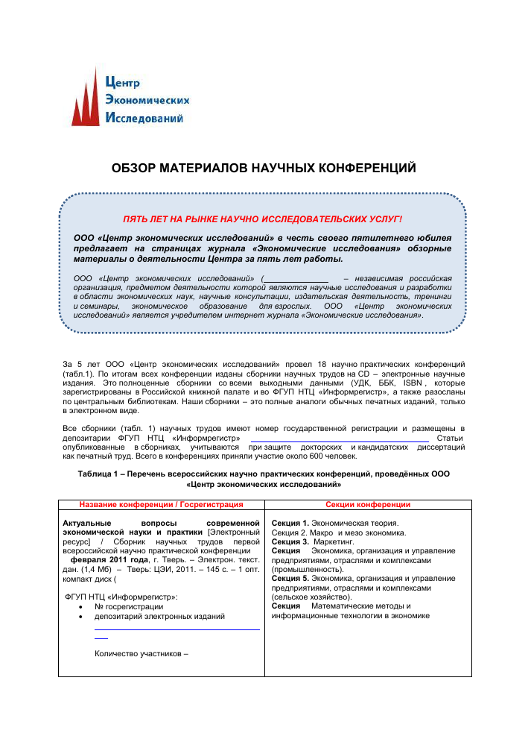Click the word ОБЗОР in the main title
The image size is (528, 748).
[133, 169]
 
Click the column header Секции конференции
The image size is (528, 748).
[368, 504]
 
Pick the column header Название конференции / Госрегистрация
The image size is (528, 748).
[162, 504]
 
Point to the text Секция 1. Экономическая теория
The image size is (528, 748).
[335, 523]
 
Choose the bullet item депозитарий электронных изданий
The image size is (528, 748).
[159, 617]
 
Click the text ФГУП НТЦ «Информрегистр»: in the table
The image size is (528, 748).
[121, 597]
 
